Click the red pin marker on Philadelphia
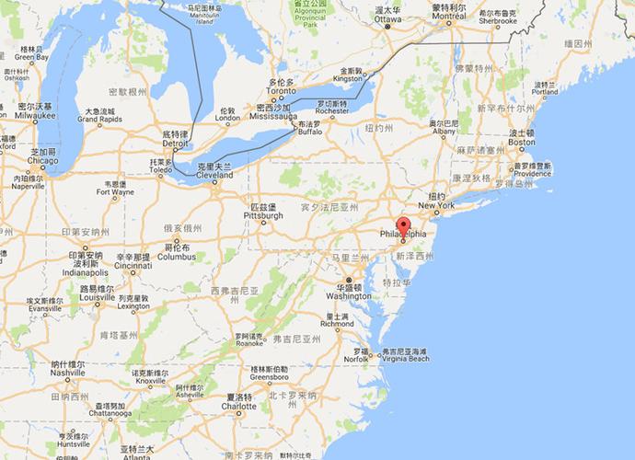[402, 227]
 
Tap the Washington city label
[348, 296]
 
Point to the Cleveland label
[215, 173]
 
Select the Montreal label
[447, 16]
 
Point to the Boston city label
[522, 142]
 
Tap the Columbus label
[176, 258]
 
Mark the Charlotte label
[238, 406]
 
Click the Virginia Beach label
[406, 360]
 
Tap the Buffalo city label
[311, 132]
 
